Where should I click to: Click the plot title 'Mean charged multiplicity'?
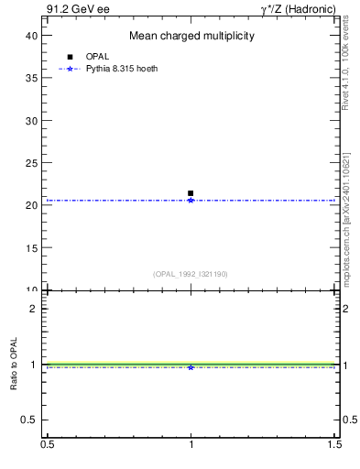pos(191,36)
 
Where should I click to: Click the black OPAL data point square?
pos(191,193)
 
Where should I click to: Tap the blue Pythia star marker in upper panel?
pos(191,200)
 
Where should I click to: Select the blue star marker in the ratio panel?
pos(191,367)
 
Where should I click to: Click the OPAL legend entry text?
pos(94,57)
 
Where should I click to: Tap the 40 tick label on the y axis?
pos(31,35)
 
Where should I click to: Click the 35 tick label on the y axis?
pos(31,78)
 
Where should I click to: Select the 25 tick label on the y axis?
pos(31,163)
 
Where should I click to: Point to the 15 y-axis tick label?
pos(31,248)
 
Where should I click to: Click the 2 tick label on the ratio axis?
pos(33,309)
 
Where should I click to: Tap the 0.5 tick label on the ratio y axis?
pos(29,420)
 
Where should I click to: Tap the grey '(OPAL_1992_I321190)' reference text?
pos(191,274)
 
